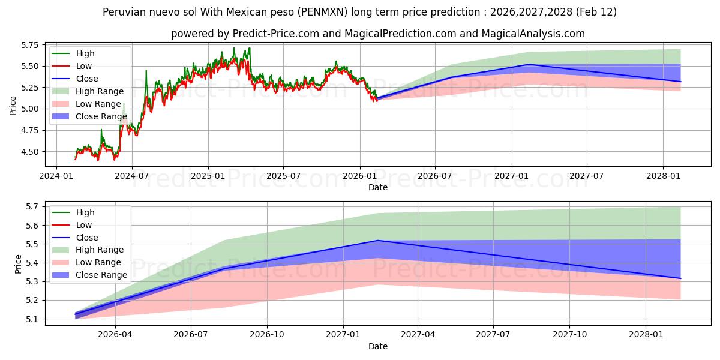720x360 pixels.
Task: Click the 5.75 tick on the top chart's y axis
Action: click(28, 45)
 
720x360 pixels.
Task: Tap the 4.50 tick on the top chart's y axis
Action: click(28, 152)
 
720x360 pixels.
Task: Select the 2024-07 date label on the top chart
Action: click(132, 176)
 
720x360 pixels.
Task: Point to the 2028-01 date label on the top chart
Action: click(663, 176)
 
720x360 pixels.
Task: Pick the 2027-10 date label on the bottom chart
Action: click(570, 335)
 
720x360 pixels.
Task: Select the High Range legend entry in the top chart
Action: click(100, 91)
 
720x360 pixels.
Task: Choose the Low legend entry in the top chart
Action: click(85, 66)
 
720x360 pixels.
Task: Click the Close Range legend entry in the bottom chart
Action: click(101, 275)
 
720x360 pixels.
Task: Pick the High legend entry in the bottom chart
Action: click(85, 212)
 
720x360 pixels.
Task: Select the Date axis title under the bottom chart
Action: click(377, 346)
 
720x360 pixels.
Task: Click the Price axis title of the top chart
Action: click(13, 105)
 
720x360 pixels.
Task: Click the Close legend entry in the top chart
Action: click(87, 79)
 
